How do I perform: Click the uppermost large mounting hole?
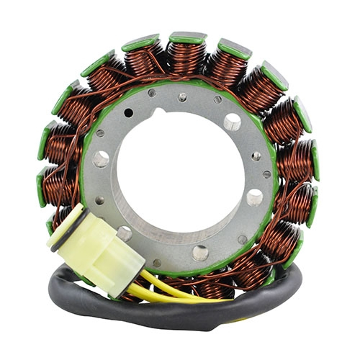(233, 122)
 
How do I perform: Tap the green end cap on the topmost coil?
(189, 37)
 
